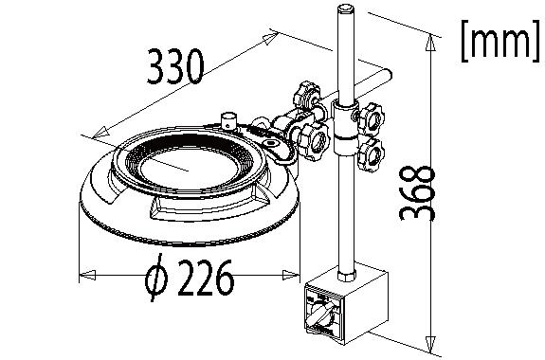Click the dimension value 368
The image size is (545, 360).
(416, 193)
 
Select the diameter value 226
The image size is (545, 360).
(204, 278)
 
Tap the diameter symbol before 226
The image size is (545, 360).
(157, 278)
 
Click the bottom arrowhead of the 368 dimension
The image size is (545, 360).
(433, 345)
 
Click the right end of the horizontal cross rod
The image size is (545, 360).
(390, 75)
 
